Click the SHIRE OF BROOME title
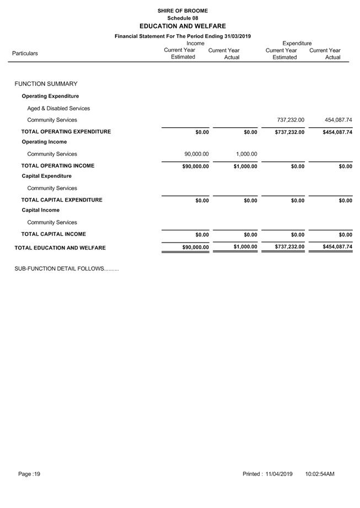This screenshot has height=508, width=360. (x=182, y=10)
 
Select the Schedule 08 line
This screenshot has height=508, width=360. (x=182, y=18)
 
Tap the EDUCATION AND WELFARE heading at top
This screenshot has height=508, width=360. (x=182, y=26)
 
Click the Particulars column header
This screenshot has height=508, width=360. (x=25, y=53)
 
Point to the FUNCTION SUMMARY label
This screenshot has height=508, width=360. (x=46, y=84)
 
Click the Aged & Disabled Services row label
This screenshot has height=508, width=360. (x=58, y=109)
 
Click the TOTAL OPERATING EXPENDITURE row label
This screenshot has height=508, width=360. (x=66, y=132)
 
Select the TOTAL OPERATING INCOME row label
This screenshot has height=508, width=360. (x=57, y=166)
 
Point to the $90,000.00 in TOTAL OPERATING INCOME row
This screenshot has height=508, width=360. (x=195, y=166)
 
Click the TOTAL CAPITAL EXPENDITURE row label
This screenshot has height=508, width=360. (x=62, y=200)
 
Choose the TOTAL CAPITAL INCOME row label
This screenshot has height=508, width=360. (x=53, y=234)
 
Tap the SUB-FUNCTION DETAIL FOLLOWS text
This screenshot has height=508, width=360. (x=66, y=269)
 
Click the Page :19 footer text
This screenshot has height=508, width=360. (x=29, y=474)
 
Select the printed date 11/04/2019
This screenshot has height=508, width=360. (x=279, y=474)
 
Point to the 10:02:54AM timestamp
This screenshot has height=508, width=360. (x=320, y=474)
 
